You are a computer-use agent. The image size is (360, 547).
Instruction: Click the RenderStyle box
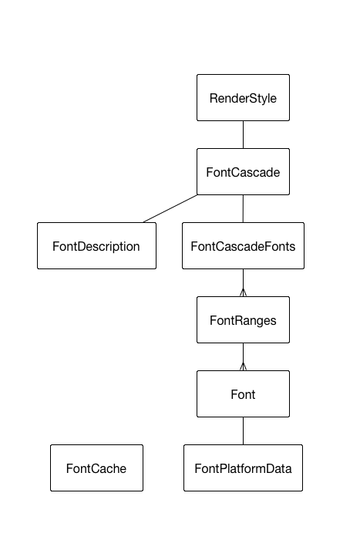pyautogui.click(x=243, y=98)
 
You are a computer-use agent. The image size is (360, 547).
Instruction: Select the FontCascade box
pyautogui.click(x=243, y=171)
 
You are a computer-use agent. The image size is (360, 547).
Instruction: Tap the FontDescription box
pyautogui.click(x=96, y=245)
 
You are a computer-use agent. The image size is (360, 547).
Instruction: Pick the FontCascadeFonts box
pyautogui.click(x=243, y=245)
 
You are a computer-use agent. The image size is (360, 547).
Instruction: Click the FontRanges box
pyautogui.click(x=243, y=319)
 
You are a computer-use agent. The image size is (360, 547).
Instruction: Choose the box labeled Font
pyautogui.click(x=243, y=393)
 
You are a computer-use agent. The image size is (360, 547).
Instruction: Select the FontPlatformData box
pyautogui.click(x=243, y=468)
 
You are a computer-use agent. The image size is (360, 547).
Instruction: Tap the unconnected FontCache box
pyautogui.click(x=96, y=468)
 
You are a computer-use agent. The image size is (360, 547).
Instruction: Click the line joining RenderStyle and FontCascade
pyautogui.click(x=243, y=135)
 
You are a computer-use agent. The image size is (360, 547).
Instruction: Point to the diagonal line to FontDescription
pyautogui.click(x=170, y=208)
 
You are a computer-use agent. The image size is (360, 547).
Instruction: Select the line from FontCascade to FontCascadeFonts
pyautogui.click(x=243, y=208)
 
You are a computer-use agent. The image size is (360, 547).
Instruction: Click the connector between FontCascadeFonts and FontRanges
pyautogui.click(x=243, y=282)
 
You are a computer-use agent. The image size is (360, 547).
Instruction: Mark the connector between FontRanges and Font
pyautogui.click(x=243, y=357)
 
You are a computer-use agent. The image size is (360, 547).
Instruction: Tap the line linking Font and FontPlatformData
pyautogui.click(x=243, y=431)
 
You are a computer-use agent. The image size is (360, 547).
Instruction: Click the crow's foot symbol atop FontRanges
pyautogui.click(x=243, y=292)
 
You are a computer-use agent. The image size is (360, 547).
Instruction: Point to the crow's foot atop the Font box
pyautogui.click(x=243, y=366)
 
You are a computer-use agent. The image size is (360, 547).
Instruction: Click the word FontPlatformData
pyautogui.click(x=243, y=468)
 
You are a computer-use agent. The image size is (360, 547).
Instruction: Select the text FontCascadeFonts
pyautogui.click(x=243, y=246)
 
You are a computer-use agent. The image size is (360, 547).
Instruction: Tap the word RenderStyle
pyautogui.click(x=243, y=99)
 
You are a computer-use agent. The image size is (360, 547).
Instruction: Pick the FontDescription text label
pyautogui.click(x=96, y=247)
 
